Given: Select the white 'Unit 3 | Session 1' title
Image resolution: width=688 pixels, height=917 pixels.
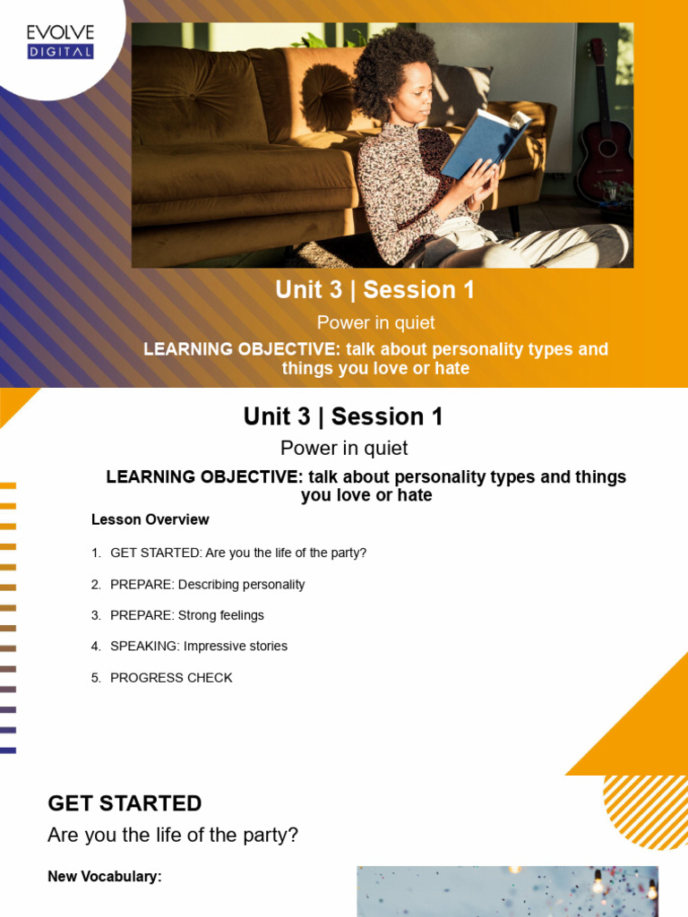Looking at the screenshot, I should point(374,290).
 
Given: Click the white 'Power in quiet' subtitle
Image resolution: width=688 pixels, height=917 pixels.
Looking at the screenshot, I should point(375,322).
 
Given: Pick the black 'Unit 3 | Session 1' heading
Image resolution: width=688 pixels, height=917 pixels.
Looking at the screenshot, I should point(343,416).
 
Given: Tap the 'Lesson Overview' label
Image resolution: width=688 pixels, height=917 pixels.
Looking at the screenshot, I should point(150,519).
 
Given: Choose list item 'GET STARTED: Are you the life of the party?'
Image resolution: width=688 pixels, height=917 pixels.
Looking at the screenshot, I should point(238,553).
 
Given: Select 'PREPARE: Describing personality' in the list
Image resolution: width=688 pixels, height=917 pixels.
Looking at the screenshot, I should point(207,585).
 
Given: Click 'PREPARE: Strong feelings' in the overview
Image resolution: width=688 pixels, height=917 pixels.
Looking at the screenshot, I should point(186,615).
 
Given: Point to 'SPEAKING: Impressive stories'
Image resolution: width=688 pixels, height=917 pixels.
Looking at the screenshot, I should point(198,646).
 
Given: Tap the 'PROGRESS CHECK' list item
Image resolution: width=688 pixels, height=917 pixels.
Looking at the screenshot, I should point(170,678).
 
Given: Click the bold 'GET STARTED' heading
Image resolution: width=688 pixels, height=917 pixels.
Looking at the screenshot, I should point(125,803).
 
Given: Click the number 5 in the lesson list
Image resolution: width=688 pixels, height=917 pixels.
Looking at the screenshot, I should point(96,678).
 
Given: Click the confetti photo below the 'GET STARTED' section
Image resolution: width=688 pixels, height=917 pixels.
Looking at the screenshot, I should point(507,891).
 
